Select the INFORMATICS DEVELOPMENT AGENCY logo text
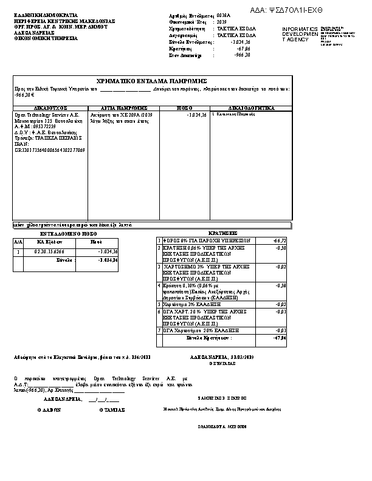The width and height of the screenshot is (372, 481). click(x=300, y=34)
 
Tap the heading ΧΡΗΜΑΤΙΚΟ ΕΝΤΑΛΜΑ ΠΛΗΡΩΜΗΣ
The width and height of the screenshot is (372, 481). click(x=152, y=81)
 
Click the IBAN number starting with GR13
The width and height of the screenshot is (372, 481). click(x=50, y=149)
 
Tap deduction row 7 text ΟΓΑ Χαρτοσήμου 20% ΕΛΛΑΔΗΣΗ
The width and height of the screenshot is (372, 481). click(x=202, y=330)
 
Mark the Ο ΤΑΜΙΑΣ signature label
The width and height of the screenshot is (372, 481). click(x=111, y=410)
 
